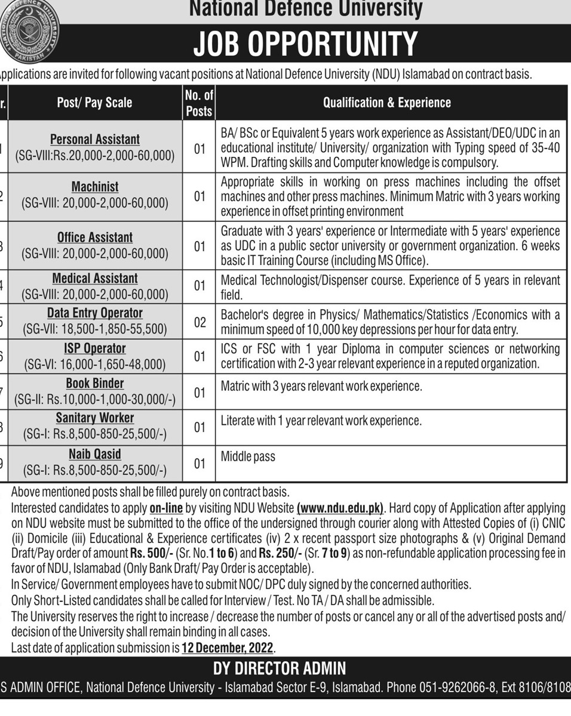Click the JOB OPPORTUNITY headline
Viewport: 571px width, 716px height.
click(305, 43)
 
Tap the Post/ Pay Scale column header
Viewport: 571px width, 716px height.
click(94, 103)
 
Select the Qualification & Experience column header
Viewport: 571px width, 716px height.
click(387, 103)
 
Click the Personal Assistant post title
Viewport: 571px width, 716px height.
click(95, 140)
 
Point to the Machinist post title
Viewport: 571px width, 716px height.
click(95, 187)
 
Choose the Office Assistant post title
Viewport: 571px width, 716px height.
click(95, 237)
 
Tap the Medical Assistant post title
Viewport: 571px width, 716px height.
click(95, 279)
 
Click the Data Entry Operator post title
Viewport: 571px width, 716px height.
click(95, 313)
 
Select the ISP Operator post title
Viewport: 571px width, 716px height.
click(95, 348)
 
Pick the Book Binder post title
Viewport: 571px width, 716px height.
click(95, 384)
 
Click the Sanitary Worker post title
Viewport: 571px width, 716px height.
click(95, 418)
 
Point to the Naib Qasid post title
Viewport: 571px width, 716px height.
click(95, 455)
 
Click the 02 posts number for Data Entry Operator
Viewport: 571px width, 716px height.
click(199, 322)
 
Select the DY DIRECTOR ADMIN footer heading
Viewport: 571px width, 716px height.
click(280, 669)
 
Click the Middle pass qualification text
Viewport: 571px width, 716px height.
click(248, 457)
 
